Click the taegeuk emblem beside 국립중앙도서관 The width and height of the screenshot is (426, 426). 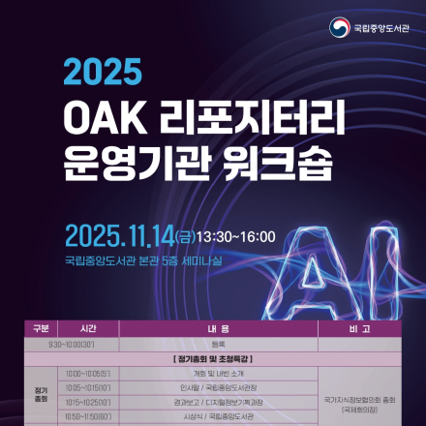pos(339,27)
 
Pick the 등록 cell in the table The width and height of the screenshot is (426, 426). pos(217,344)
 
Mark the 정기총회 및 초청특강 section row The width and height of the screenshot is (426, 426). pos(217,358)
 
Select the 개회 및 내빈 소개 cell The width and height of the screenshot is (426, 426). pos(217,373)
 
